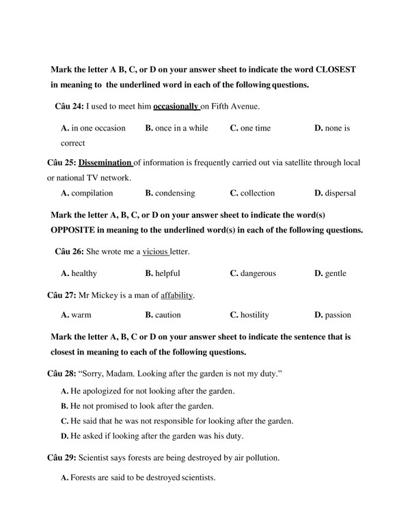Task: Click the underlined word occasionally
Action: (x=176, y=107)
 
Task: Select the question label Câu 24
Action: (x=68, y=107)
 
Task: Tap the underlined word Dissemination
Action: (x=105, y=163)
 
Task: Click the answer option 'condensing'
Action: (x=170, y=193)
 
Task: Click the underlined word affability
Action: (x=177, y=295)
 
